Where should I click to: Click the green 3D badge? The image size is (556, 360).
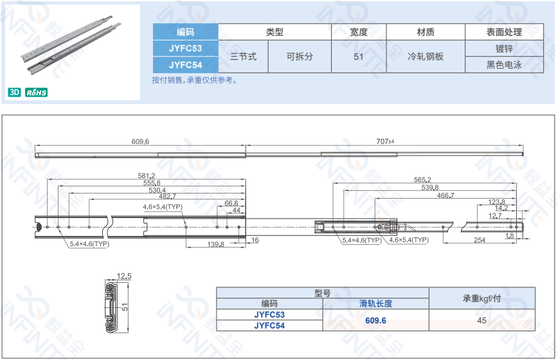(14, 93)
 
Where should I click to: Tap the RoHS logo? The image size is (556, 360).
(37, 93)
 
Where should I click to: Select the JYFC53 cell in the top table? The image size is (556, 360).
(185, 48)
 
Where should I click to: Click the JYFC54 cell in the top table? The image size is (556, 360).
(185, 65)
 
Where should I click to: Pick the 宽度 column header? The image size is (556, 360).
(359, 32)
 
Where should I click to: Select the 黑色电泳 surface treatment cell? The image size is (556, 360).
(504, 65)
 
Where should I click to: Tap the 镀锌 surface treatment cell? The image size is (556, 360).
(504, 48)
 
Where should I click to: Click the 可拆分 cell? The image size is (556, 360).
(300, 57)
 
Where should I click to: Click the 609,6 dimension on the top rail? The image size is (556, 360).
(140, 141)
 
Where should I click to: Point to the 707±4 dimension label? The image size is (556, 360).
(384, 141)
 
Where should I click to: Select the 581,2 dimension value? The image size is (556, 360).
(147, 175)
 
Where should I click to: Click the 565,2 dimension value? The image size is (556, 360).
(422, 180)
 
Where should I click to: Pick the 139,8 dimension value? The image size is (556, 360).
(215, 244)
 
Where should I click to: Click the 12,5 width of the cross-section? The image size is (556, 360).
(125, 276)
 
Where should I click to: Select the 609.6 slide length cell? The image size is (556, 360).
(375, 320)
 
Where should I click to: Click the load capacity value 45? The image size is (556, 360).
(481, 320)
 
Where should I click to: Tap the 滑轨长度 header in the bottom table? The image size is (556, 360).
(375, 304)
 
